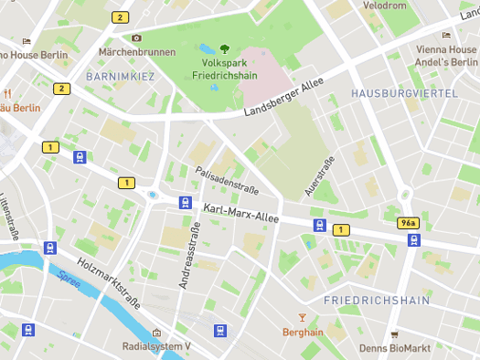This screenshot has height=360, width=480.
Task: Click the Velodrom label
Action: tap(384, 5)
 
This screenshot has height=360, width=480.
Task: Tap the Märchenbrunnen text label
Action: tap(136, 53)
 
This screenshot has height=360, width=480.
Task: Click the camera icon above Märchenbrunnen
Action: tap(136, 37)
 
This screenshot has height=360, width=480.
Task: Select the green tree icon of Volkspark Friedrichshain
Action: tap(224, 47)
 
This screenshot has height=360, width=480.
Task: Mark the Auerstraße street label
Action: tap(317, 176)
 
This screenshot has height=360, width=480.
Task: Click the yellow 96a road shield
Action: tap(408, 223)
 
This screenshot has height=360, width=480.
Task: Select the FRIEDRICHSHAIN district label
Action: tap(377, 300)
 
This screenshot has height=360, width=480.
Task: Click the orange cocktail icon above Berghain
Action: tap(303, 317)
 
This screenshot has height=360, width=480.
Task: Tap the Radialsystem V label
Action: tap(156, 347)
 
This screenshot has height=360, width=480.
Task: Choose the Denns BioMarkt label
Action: tap(396, 347)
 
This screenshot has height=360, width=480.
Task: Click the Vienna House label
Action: tap(446, 49)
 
